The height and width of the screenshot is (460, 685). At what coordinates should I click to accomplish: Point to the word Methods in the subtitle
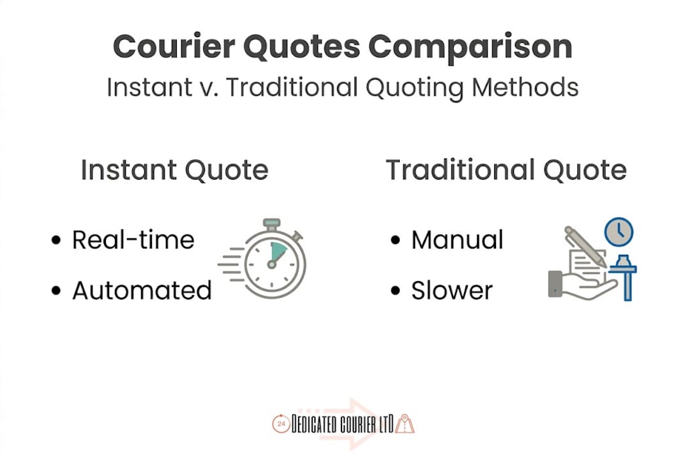(525, 86)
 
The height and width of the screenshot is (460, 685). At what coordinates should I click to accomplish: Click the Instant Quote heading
(174, 171)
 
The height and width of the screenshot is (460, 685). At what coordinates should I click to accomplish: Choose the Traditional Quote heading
(506, 171)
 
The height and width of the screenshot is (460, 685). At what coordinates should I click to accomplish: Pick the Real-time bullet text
(133, 240)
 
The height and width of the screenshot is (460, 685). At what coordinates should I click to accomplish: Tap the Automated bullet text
(142, 291)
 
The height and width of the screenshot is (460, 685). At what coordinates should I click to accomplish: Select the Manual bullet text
(457, 240)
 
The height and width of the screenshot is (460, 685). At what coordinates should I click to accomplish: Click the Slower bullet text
(452, 291)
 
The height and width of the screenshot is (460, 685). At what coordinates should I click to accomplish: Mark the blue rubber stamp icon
(622, 275)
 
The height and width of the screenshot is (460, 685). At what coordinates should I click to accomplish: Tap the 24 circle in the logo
(280, 424)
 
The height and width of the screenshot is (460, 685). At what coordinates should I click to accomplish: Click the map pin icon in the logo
(405, 423)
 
